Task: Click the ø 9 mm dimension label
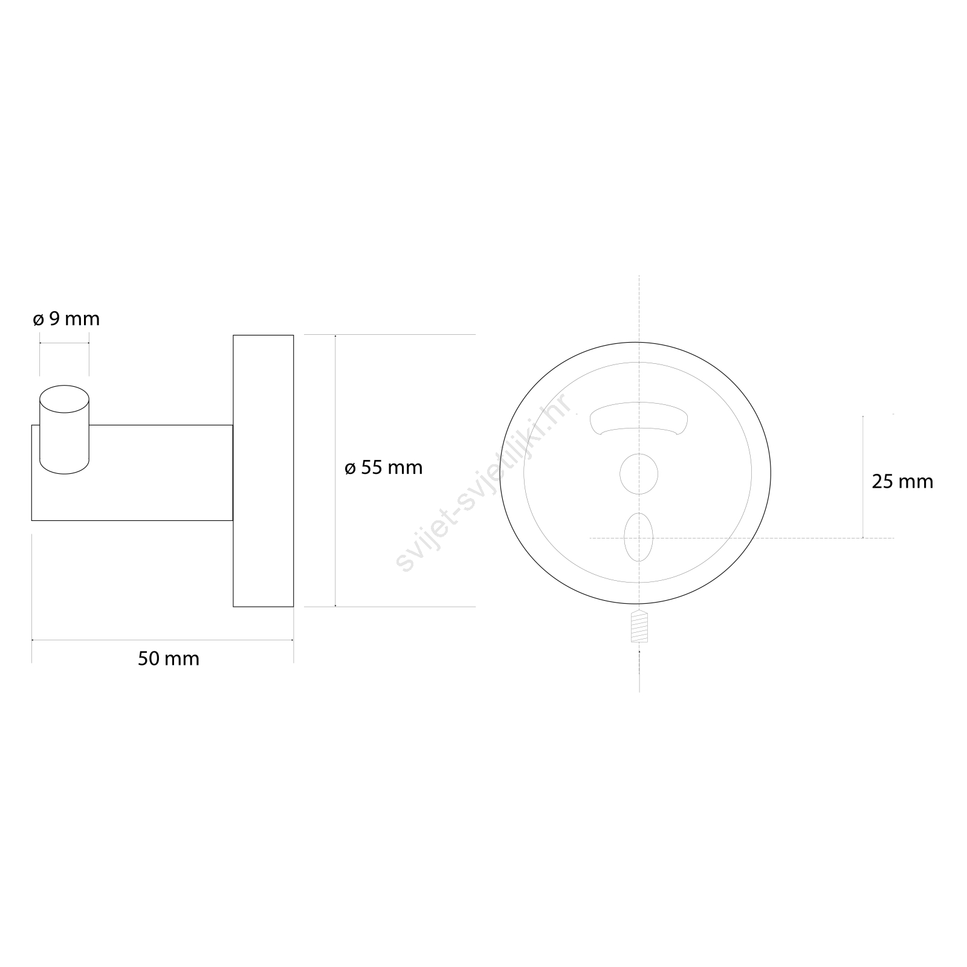tap(66, 319)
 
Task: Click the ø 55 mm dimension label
tap(383, 467)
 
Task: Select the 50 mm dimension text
tap(169, 658)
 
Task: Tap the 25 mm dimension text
tap(902, 481)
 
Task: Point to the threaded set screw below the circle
tap(639, 626)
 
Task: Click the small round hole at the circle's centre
tap(639, 473)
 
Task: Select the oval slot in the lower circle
tap(639, 537)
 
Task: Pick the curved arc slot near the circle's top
tap(639, 418)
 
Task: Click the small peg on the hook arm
tap(64, 430)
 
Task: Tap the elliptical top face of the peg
tap(64, 399)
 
